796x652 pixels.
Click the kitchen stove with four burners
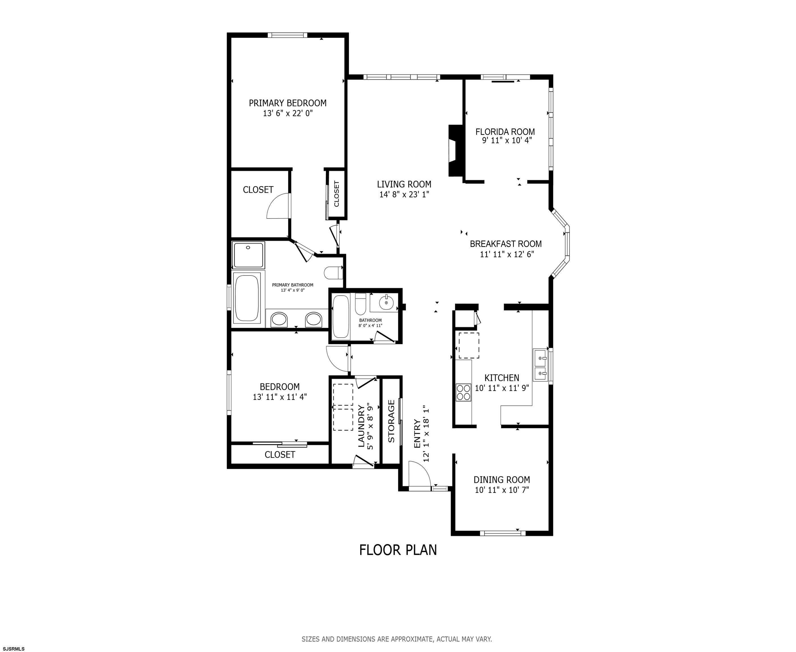(x=464, y=392)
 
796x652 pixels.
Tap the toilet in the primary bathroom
(x=333, y=273)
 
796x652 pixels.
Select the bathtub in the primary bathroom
(x=247, y=297)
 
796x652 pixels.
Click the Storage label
(x=391, y=421)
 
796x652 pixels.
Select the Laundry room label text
(x=361, y=426)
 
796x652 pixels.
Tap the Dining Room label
(x=502, y=480)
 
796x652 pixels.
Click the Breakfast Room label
(x=506, y=244)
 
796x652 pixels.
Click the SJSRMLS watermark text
(x=12, y=649)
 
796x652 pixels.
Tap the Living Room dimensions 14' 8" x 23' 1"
(x=404, y=194)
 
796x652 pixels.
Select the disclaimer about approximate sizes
(x=397, y=639)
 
